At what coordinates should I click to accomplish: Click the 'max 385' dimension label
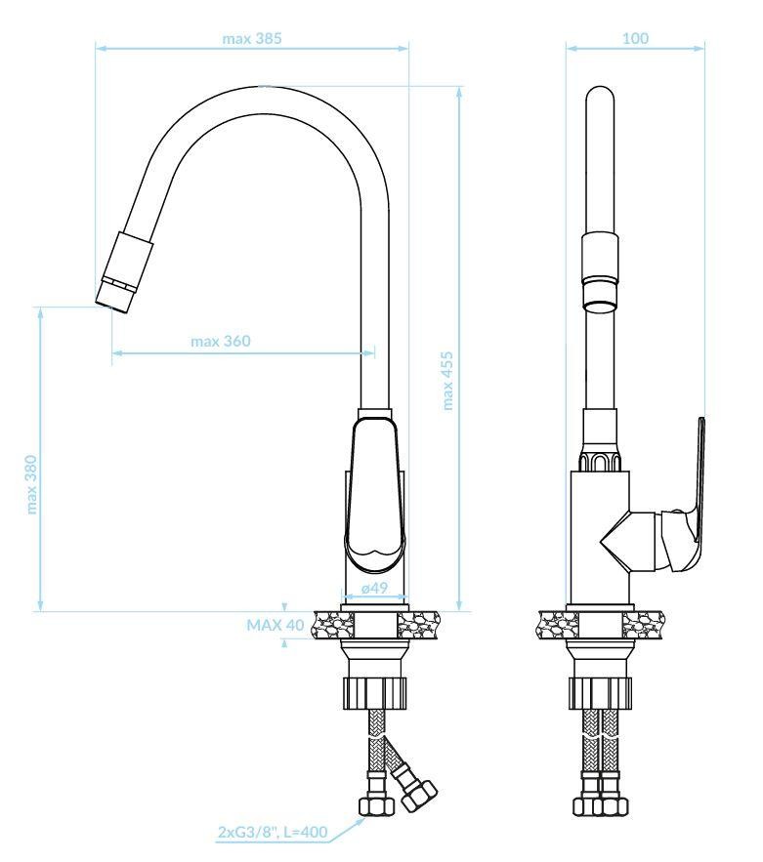[x=251, y=38]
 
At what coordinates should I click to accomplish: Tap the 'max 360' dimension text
[x=220, y=342]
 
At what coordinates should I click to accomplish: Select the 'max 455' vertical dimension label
[x=447, y=381]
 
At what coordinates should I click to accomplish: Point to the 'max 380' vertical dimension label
[x=31, y=484]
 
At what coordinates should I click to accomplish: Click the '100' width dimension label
[x=635, y=38]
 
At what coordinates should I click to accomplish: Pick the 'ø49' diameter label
[x=374, y=588]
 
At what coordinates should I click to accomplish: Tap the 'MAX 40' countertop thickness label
[x=275, y=625]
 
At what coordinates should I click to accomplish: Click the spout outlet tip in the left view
[x=114, y=303]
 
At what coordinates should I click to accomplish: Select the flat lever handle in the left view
[x=374, y=494]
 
